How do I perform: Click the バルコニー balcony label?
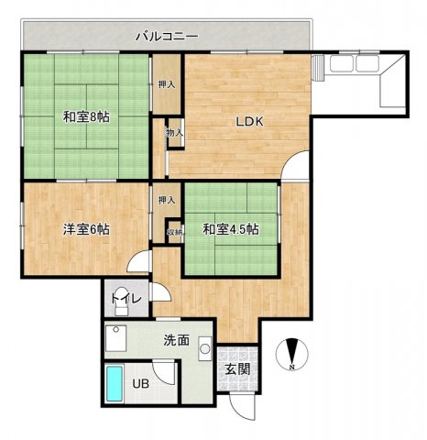click(167, 37)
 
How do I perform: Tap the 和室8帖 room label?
click(86, 116)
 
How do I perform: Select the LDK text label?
click(249, 122)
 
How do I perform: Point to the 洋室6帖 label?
click(86, 229)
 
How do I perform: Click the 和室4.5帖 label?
click(231, 229)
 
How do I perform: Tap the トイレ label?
click(126, 298)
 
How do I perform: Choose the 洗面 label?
click(177, 340)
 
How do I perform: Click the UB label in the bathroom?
click(141, 383)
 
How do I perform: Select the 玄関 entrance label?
click(237, 369)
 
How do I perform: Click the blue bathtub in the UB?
click(115, 384)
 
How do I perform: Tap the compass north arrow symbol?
click(292, 355)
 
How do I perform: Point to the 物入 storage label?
click(175, 133)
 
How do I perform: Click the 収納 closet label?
click(175, 232)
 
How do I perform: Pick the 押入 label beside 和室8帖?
click(167, 84)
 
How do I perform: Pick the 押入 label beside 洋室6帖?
click(167, 200)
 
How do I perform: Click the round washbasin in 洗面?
click(205, 348)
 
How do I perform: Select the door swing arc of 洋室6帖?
click(133, 258)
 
